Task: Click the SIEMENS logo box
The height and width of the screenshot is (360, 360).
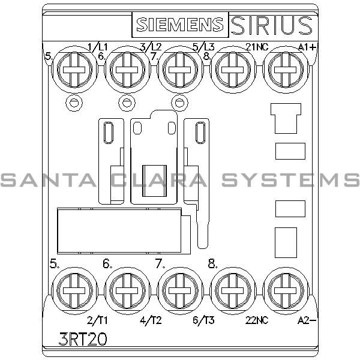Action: [x=179, y=25]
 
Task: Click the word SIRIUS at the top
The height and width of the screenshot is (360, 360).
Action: [x=271, y=25]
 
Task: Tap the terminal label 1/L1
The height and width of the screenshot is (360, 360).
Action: [x=97, y=46]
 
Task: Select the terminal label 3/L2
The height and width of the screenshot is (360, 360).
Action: [x=150, y=46]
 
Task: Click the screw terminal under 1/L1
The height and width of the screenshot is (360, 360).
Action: [x=73, y=68]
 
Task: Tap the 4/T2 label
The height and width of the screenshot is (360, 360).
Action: [x=150, y=320]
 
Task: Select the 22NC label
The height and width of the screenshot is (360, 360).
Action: [x=256, y=320]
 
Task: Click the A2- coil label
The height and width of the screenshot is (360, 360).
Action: [x=306, y=320]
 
